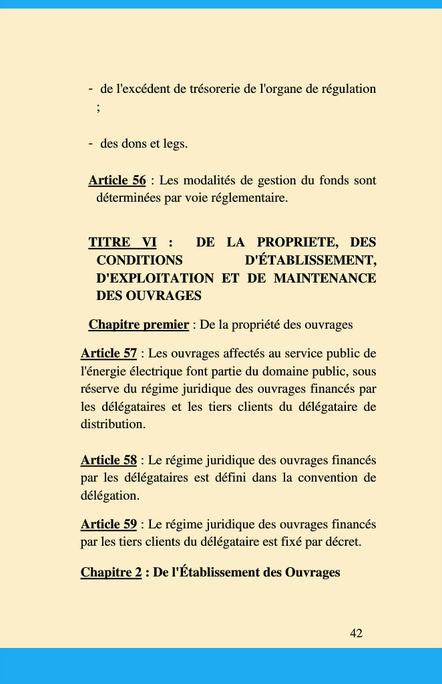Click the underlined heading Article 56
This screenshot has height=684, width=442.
pos(117,180)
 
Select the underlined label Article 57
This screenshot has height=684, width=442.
pos(109,353)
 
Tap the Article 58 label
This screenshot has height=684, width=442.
pos(109,460)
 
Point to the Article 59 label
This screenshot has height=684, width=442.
pos(109,524)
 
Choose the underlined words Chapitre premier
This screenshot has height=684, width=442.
pos(138,325)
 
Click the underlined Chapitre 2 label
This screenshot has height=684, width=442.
pos(111,572)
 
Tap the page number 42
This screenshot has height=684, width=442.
pos(356,633)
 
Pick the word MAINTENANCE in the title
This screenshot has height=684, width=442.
pos(325,278)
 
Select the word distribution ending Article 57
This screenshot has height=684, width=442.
pos(112,424)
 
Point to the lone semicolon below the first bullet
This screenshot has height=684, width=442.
pos(98,107)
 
